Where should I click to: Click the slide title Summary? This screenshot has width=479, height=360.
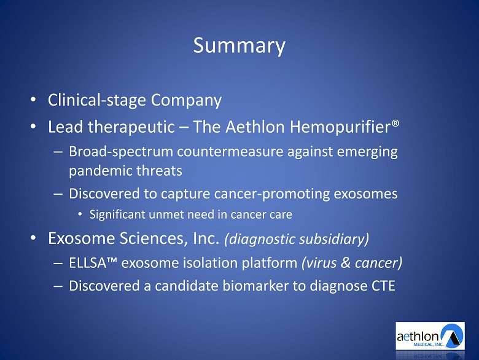tap(240, 46)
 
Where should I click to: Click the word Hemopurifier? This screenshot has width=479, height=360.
tap(340, 127)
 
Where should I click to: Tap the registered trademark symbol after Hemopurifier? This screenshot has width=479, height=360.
tap(395, 123)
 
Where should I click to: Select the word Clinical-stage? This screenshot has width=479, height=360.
tap(97, 100)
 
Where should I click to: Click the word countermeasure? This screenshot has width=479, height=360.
tap(230, 152)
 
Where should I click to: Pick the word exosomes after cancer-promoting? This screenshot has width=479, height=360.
tap(365, 194)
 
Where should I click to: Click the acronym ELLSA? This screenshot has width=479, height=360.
tap(87, 263)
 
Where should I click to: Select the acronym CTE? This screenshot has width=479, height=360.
tap(383, 286)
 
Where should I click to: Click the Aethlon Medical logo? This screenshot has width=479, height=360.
tap(430, 336)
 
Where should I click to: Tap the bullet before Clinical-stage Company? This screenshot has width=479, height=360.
tap(33, 100)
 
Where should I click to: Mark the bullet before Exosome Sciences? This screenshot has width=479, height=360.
tap(33, 238)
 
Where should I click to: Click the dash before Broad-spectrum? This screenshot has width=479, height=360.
tap(58, 152)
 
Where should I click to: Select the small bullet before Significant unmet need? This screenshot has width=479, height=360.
tap(80, 214)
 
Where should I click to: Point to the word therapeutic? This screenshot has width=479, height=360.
tap(131, 127)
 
